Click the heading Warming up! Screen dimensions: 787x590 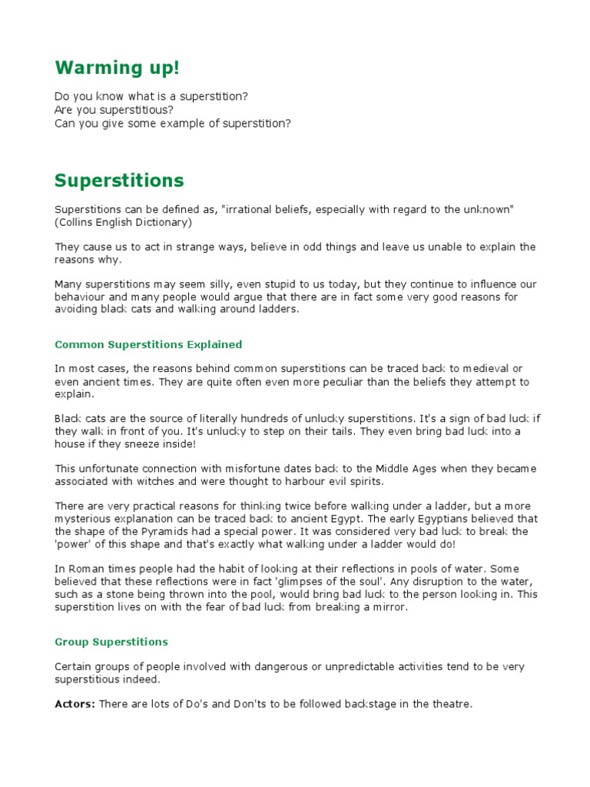tap(117, 68)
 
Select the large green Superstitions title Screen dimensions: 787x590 tap(119, 181)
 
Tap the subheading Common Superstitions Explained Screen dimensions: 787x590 tap(148, 344)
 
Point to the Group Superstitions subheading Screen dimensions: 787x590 tap(111, 642)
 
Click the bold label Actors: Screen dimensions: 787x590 tap(75, 703)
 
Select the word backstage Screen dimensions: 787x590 tap(343, 703)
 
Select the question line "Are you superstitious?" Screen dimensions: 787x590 tap(114, 110)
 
